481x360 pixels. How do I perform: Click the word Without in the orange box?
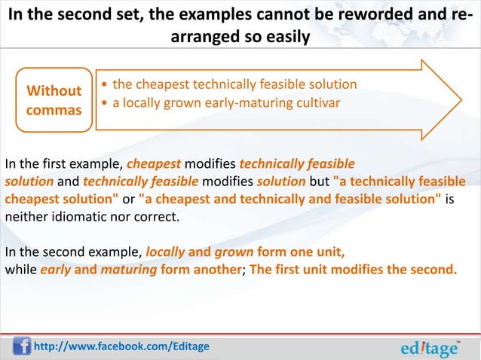tap(54, 91)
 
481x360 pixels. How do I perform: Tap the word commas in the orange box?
tap(54, 110)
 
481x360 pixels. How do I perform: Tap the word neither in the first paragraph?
tap(25, 218)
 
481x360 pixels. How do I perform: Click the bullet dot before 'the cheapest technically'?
tap(104, 84)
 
